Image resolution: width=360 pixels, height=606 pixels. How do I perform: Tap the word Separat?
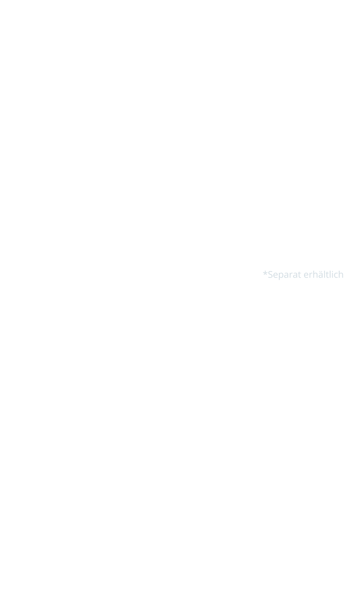(x=284, y=275)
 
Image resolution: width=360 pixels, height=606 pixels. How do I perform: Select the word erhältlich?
(x=324, y=274)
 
